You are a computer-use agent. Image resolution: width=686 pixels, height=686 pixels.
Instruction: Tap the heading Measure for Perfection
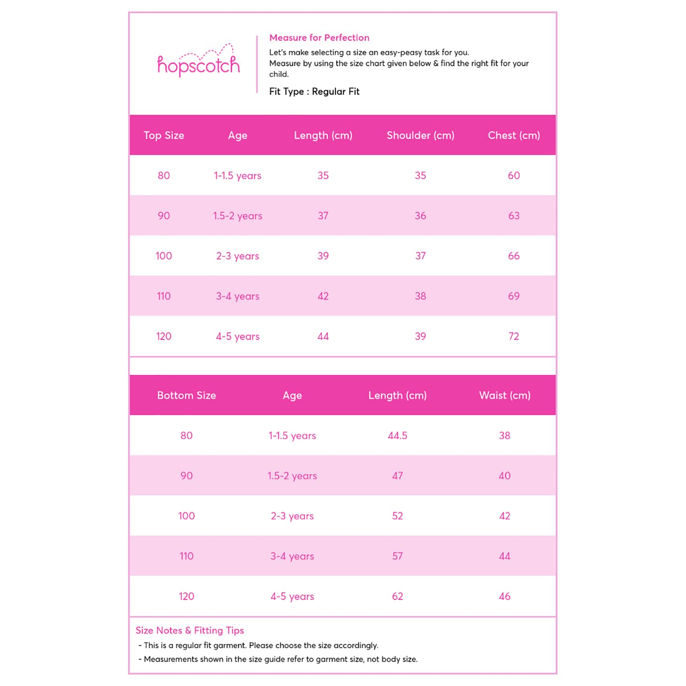319,38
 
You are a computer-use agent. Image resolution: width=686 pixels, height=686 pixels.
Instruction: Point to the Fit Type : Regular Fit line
314,91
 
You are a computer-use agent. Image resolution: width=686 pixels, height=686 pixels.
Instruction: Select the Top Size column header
164,135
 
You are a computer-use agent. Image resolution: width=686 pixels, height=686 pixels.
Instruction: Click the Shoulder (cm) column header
420,135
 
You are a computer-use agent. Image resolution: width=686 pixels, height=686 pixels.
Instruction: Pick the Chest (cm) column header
514,135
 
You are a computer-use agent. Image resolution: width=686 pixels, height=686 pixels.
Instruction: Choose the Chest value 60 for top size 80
514,176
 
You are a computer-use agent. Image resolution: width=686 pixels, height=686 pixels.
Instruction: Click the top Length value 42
323,296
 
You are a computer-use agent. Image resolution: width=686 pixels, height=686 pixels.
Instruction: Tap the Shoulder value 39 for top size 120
420,337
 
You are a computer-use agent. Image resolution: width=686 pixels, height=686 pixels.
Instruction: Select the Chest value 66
514,256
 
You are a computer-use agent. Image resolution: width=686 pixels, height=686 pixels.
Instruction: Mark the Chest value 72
514,337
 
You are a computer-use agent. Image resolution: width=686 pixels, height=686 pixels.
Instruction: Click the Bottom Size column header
187,396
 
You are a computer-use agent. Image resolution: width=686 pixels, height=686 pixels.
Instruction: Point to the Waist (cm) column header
504,396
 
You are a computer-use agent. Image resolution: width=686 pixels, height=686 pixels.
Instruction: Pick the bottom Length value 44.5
397,436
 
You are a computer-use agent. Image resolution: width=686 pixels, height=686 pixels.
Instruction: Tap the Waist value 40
504,476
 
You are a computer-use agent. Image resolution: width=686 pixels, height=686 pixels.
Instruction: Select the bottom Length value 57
397,557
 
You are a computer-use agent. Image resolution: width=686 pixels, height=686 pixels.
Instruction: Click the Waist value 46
504,597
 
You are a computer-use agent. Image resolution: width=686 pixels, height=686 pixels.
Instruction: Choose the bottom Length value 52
397,516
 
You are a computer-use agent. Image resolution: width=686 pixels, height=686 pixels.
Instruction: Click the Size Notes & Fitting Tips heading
190,630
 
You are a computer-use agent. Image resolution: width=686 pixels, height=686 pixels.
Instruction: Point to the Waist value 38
504,436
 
